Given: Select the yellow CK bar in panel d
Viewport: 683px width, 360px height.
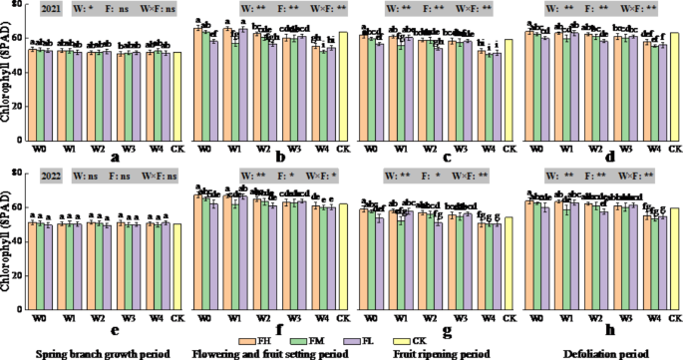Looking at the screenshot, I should [674, 89].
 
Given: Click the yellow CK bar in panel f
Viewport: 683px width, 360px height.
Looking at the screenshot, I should [343, 258].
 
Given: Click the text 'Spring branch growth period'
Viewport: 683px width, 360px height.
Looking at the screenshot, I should [101, 353].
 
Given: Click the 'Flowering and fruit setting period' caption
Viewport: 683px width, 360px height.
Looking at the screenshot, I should [269, 353].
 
